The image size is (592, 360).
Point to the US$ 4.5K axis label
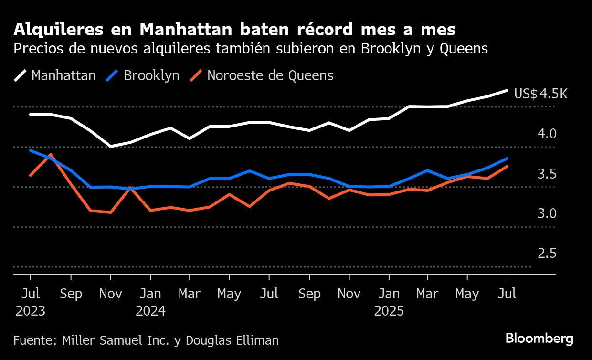(540, 94)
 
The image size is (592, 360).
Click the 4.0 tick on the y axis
(547, 134)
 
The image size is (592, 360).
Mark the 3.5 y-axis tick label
(547, 174)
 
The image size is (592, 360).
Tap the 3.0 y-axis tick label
(547, 213)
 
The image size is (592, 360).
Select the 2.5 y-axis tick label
(547, 253)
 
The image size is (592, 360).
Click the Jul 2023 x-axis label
(31, 302)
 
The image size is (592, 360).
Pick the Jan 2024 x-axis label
(150, 302)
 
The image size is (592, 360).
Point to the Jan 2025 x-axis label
(389, 302)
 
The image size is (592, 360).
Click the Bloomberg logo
(539, 339)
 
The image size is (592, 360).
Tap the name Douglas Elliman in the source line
(232, 340)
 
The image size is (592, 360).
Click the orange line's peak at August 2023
(50, 155)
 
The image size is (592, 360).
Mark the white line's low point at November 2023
(111, 146)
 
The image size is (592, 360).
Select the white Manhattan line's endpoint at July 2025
(507, 90)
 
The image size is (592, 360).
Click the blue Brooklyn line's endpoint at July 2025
(507, 159)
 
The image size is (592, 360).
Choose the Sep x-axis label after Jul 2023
(71, 294)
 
